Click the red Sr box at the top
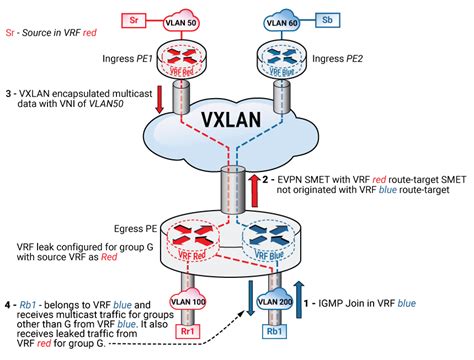(136, 18)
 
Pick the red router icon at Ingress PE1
(185, 62)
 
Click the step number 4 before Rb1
(7, 304)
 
